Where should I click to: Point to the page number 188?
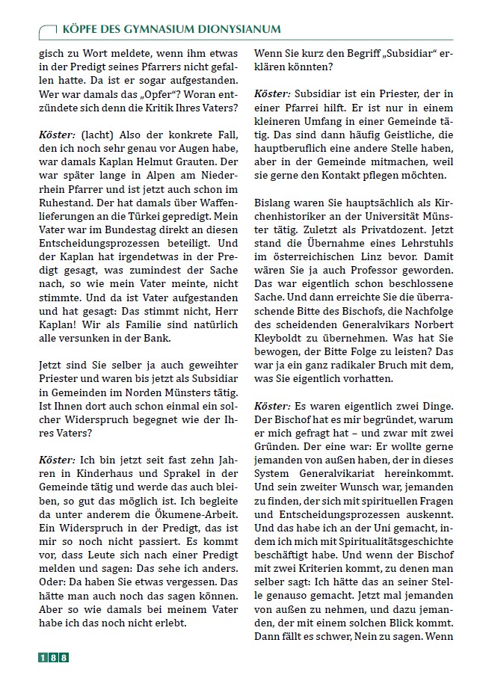[53, 658]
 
